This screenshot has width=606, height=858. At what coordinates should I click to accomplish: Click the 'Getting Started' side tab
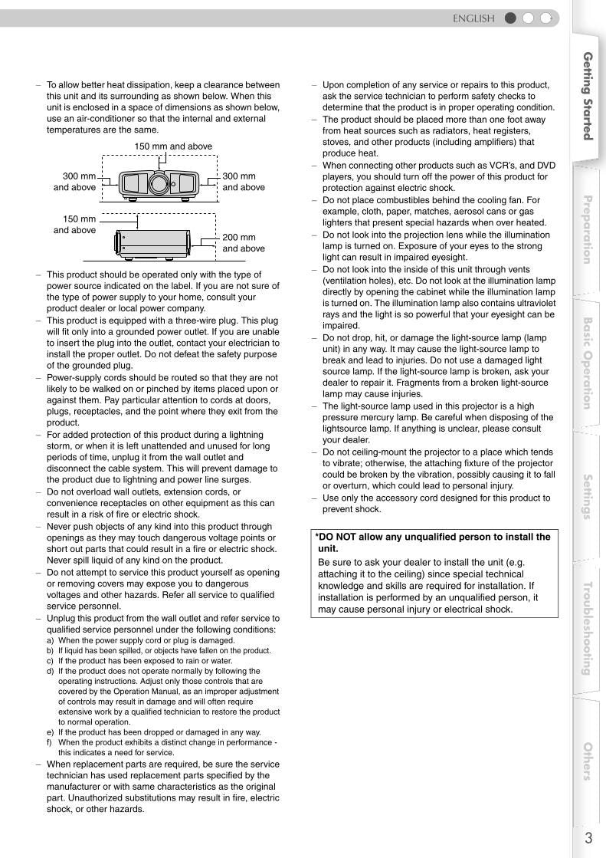pyautogui.click(x=588, y=96)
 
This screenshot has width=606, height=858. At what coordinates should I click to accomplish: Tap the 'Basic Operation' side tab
pyautogui.click(x=588, y=363)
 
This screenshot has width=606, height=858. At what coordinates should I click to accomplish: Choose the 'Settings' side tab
pyautogui.click(x=588, y=497)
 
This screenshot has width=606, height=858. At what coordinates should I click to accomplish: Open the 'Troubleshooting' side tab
pyautogui.click(x=588, y=628)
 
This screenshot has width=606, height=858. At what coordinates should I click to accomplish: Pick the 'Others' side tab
pyautogui.click(x=588, y=761)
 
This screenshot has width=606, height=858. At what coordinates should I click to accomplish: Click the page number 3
pyautogui.click(x=588, y=838)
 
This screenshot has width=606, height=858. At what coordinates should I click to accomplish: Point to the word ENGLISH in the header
pyautogui.click(x=473, y=18)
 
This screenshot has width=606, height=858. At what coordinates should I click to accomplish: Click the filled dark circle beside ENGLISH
pyautogui.click(x=511, y=18)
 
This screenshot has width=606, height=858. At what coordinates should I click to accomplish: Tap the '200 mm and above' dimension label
pyautogui.click(x=243, y=243)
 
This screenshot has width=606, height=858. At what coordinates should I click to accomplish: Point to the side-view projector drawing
pyautogui.click(x=152, y=242)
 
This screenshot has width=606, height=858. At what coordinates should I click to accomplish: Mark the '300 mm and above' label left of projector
pyautogui.click(x=75, y=182)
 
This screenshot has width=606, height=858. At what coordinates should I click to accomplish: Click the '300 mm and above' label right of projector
pyautogui.click(x=243, y=182)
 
